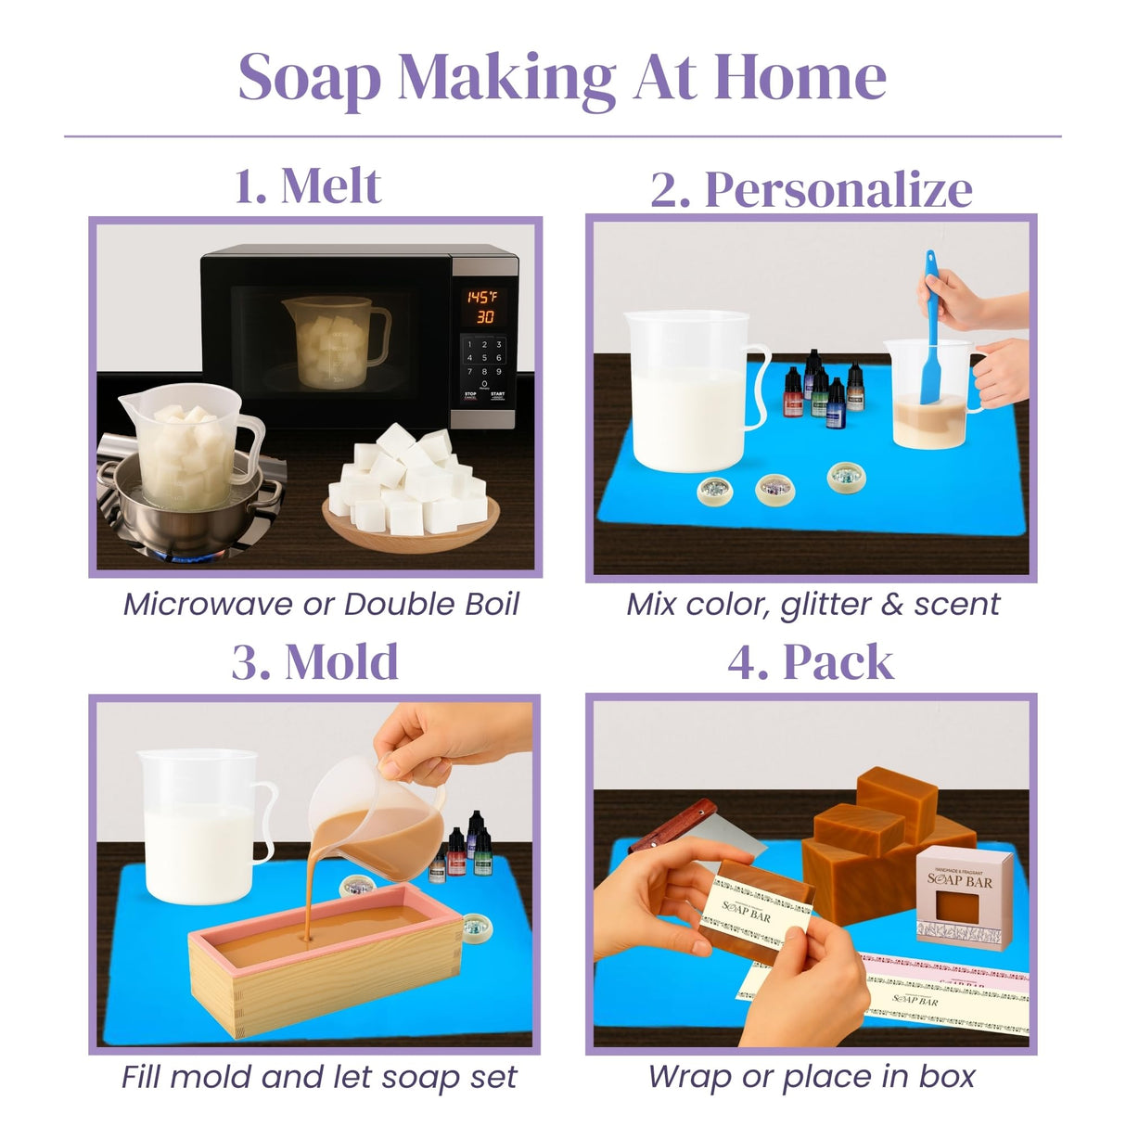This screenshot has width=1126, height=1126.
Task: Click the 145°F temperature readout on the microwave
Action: [x=481, y=297]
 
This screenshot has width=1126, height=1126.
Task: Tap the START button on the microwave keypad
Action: [x=498, y=395]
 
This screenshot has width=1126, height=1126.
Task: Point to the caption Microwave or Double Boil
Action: [x=321, y=604]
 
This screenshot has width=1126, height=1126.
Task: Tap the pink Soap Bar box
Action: [x=961, y=895]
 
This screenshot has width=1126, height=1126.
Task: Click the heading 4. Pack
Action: [x=811, y=662]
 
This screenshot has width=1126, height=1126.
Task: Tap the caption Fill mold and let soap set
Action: [x=319, y=1077]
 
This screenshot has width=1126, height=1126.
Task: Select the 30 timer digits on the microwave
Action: [x=484, y=317]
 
